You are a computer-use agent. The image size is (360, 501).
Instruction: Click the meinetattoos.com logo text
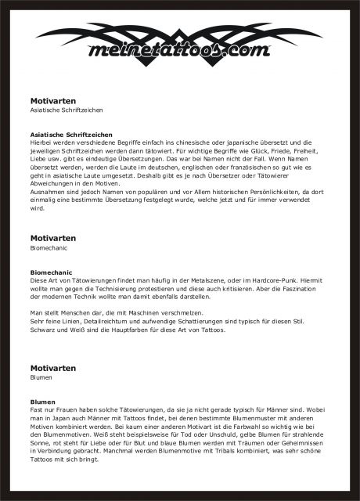tap(180, 52)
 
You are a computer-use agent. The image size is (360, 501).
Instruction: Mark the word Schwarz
tap(45, 330)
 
